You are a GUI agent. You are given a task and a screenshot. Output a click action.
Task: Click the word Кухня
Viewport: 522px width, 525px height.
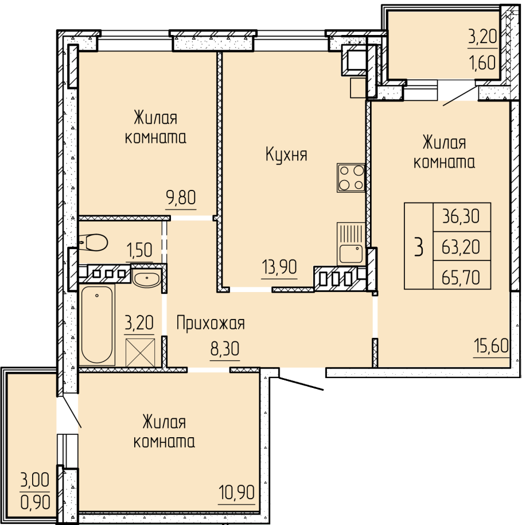click(286, 155)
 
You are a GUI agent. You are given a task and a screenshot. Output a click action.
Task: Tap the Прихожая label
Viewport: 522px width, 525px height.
click(211, 324)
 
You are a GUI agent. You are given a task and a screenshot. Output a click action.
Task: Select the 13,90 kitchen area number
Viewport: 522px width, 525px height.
click(279, 267)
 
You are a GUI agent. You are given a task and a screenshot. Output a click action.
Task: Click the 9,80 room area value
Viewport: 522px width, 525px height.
click(181, 197)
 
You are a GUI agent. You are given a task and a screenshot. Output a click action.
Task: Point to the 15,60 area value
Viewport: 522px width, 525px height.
click(491, 345)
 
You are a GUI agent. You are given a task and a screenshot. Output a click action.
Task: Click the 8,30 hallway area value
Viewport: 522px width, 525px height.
click(225, 349)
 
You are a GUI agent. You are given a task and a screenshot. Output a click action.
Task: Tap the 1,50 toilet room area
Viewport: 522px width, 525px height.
click(139, 250)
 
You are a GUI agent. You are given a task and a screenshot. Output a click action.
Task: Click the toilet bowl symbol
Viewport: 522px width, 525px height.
click(94, 242)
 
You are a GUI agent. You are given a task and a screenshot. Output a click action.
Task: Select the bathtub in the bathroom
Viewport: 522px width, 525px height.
click(97, 324)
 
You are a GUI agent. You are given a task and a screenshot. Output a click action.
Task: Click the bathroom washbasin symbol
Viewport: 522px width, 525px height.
click(146, 279)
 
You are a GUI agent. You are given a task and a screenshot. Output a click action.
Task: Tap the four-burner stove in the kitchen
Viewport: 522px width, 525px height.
click(351, 178)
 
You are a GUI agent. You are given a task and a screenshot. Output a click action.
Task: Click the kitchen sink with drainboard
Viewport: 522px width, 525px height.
click(351, 243)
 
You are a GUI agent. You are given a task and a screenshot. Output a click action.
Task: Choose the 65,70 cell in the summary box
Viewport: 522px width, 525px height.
click(461, 277)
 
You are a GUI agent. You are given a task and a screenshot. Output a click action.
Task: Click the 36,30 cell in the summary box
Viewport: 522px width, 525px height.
click(461, 216)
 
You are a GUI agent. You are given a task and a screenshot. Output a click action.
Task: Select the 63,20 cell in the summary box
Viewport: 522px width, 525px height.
click(461, 247)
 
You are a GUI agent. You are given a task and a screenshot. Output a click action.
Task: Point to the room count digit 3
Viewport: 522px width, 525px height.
click(419, 246)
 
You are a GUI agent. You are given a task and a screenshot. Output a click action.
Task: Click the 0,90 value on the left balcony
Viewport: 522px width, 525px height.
click(36, 502)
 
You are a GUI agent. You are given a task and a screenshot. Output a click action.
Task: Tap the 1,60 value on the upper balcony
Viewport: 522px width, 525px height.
click(483, 63)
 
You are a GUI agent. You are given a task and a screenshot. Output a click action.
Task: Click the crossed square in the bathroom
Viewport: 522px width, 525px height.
click(141, 352)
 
